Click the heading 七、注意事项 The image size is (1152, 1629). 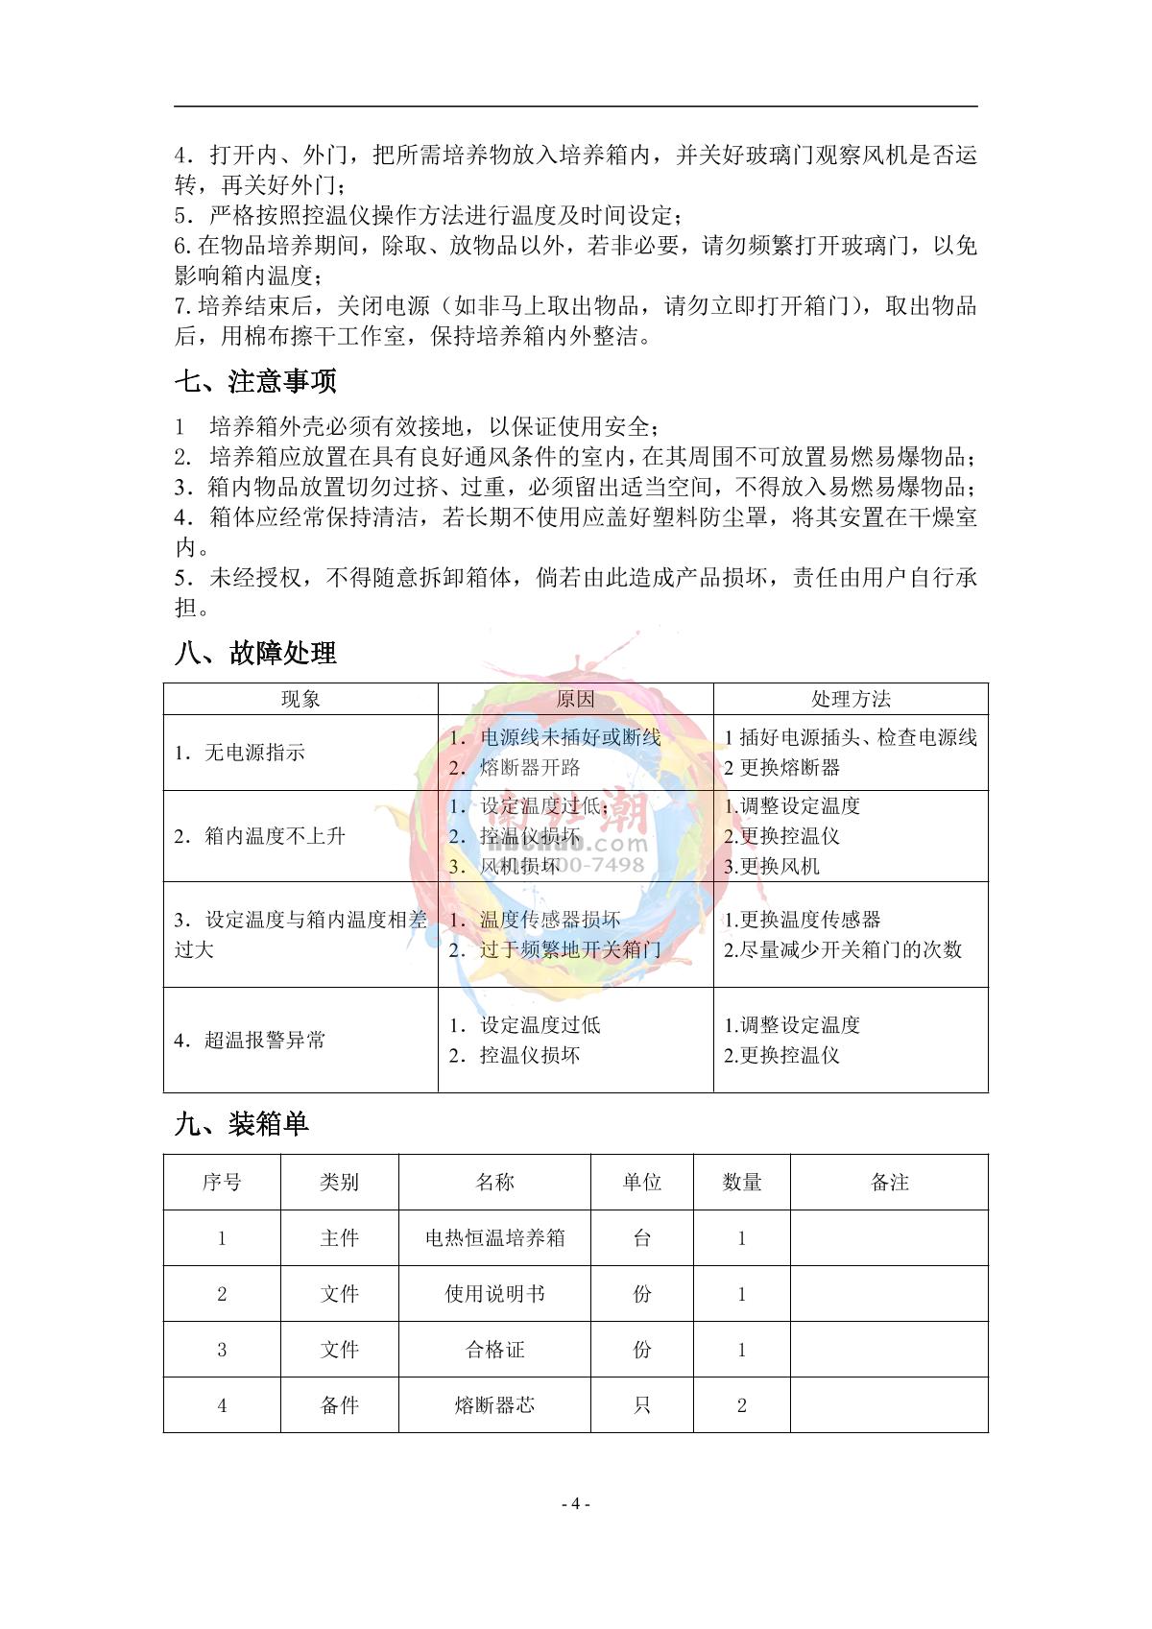click(x=255, y=382)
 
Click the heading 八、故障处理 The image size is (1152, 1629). click(x=255, y=654)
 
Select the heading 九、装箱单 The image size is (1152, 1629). click(x=242, y=1124)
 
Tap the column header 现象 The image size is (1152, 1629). click(x=300, y=699)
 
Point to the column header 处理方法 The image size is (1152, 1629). click(x=851, y=699)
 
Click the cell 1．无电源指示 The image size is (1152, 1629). click(x=240, y=753)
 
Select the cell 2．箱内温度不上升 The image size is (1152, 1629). click(x=259, y=836)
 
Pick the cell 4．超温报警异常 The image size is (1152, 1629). click(x=250, y=1040)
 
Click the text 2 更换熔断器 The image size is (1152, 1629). click(x=782, y=768)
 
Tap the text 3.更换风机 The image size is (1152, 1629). click(x=772, y=867)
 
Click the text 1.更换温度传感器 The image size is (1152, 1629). click(x=803, y=920)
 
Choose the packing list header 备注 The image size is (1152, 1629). click(x=889, y=1183)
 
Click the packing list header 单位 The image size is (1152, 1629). click(x=642, y=1183)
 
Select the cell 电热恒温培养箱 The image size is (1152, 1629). click(x=494, y=1238)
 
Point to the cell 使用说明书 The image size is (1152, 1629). click(x=494, y=1294)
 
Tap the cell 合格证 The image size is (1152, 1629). click(x=494, y=1350)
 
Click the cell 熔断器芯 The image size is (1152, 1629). click(x=494, y=1405)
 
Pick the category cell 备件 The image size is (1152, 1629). click(x=340, y=1405)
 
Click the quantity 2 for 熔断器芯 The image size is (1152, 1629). click(x=742, y=1405)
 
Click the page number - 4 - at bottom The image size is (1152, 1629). click(x=575, y=1504)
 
